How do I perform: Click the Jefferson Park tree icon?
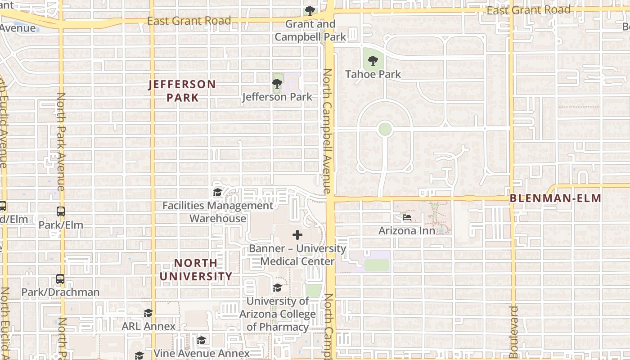277,83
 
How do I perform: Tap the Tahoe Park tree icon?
373,60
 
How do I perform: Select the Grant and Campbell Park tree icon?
310,10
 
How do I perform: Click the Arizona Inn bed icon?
407,217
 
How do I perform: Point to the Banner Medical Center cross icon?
297,235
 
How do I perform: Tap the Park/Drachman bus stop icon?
60,279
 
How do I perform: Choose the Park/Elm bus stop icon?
60,211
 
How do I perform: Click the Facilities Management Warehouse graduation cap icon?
218,193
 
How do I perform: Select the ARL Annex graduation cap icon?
148,313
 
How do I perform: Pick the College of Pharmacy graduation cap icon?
277,288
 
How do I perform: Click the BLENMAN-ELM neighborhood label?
555,198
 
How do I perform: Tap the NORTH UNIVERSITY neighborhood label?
196,269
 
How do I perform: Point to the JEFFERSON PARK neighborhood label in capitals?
182,90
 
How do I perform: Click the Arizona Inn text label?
407,231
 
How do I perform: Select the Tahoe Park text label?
373,74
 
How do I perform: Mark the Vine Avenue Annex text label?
201,353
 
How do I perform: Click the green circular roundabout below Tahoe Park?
385,130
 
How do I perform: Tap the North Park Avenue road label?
61,142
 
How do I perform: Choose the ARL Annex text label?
148,326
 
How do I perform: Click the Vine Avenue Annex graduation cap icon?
201,340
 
